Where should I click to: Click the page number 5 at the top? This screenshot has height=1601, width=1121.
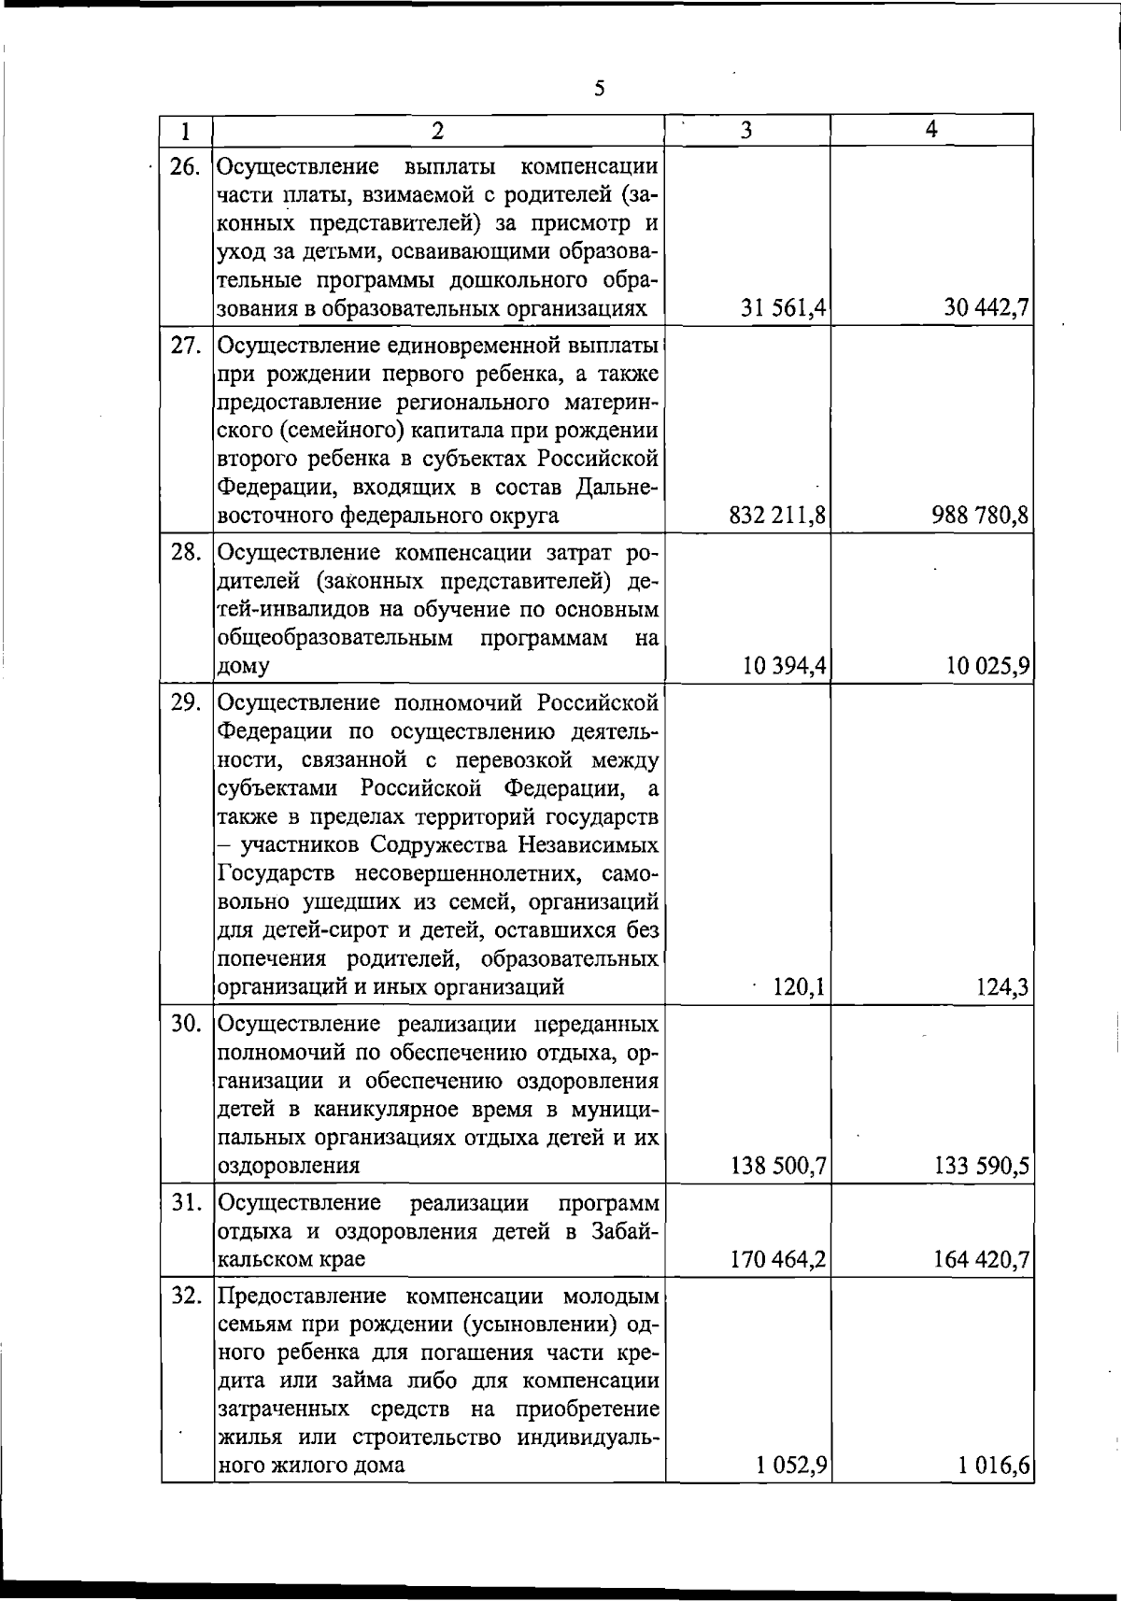point(600,89)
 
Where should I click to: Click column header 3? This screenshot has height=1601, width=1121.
point(745,131)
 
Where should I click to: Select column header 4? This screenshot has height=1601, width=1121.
point(931,130)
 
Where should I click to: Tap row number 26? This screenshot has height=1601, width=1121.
point(186,167)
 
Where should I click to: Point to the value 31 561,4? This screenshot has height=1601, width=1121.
point(783,309)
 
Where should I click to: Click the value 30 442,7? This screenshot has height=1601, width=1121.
point(986,309)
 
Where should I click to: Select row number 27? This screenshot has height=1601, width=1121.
point(186,346)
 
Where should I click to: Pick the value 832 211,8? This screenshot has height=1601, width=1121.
point(777,516)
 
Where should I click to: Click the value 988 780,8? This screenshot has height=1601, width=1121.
point(980,516)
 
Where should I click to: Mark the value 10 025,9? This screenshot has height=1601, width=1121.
point(986,666)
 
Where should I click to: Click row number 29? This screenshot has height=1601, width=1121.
point(186,702)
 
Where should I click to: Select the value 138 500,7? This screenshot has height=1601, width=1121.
point(777,1166)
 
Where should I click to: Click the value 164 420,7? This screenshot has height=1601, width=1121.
point(980,1260)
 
